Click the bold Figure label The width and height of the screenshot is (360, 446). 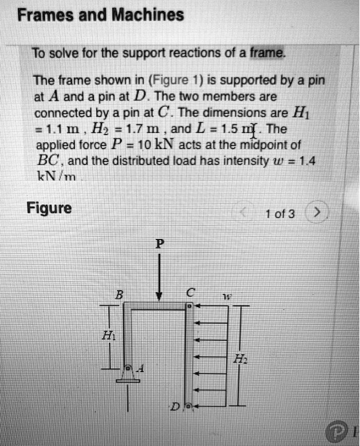pyautogui.click(x=49, y=209)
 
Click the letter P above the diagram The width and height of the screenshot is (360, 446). pyautogui.click(x=158, y=243)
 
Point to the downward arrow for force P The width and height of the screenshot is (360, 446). pyautogui.click(x=159, y=275)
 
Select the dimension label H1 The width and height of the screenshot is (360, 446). pyautogui.click(x=108, y=338)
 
